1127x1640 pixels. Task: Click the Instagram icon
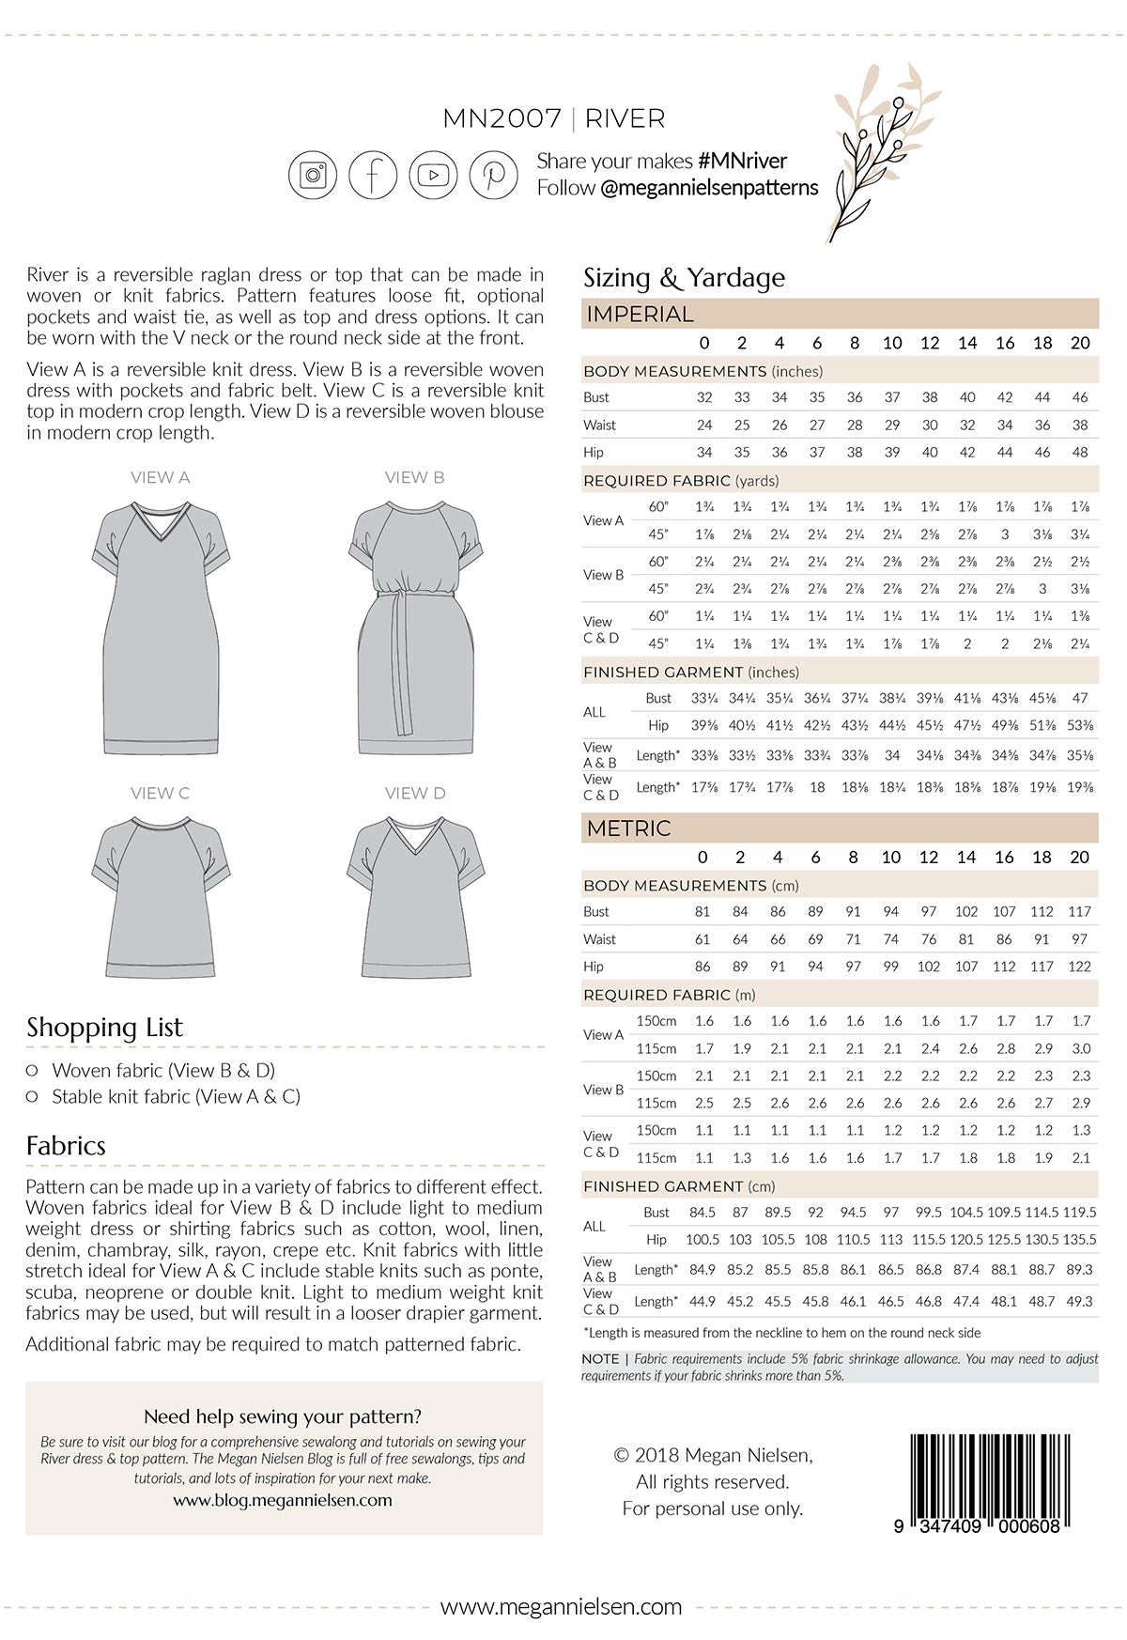312,175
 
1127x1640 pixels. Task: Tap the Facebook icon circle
373,175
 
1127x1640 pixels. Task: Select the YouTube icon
433,175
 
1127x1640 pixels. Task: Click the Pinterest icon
493,175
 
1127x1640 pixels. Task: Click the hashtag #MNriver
742,162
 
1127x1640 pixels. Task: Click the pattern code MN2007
502,119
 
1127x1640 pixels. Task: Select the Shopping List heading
104,1027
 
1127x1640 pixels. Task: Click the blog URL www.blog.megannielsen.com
283,1500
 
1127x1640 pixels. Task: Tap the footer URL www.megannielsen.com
562,1607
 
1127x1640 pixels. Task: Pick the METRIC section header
628,828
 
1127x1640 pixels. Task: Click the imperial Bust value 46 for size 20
1080,397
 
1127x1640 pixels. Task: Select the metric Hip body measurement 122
1080,967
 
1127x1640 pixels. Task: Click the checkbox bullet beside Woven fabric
32,1070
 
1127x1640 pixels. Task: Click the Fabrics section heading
66,1146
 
